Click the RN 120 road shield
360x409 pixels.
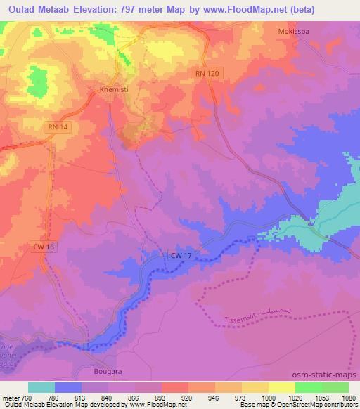204,73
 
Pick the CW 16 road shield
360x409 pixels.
43,247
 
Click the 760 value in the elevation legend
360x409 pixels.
27,398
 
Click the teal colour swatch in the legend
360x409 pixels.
41,387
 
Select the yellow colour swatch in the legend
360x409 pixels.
281,387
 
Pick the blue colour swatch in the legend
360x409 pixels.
68,387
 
